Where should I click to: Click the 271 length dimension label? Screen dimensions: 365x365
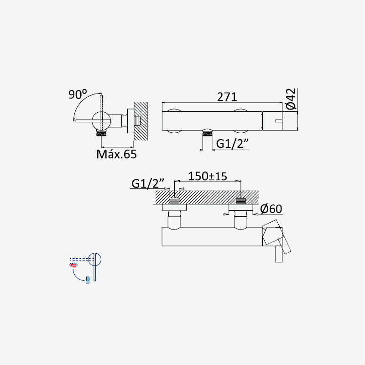tap(227, 97)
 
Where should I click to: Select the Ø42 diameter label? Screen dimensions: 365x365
tap(291, 99)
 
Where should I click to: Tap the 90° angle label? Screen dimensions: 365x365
tap(78, 94)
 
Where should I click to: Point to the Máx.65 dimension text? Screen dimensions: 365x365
tap(117, 154)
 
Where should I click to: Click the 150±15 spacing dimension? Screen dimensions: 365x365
tap(208, 176)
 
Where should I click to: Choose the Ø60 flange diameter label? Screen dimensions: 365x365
tap(271, 209)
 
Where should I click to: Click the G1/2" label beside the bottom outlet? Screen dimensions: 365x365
tap(233, 144)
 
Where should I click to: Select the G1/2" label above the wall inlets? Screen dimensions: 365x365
tap(148, 183)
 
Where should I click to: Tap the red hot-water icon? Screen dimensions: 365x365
tap(73, 265)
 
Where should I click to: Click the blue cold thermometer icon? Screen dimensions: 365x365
tap(88, 280)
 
